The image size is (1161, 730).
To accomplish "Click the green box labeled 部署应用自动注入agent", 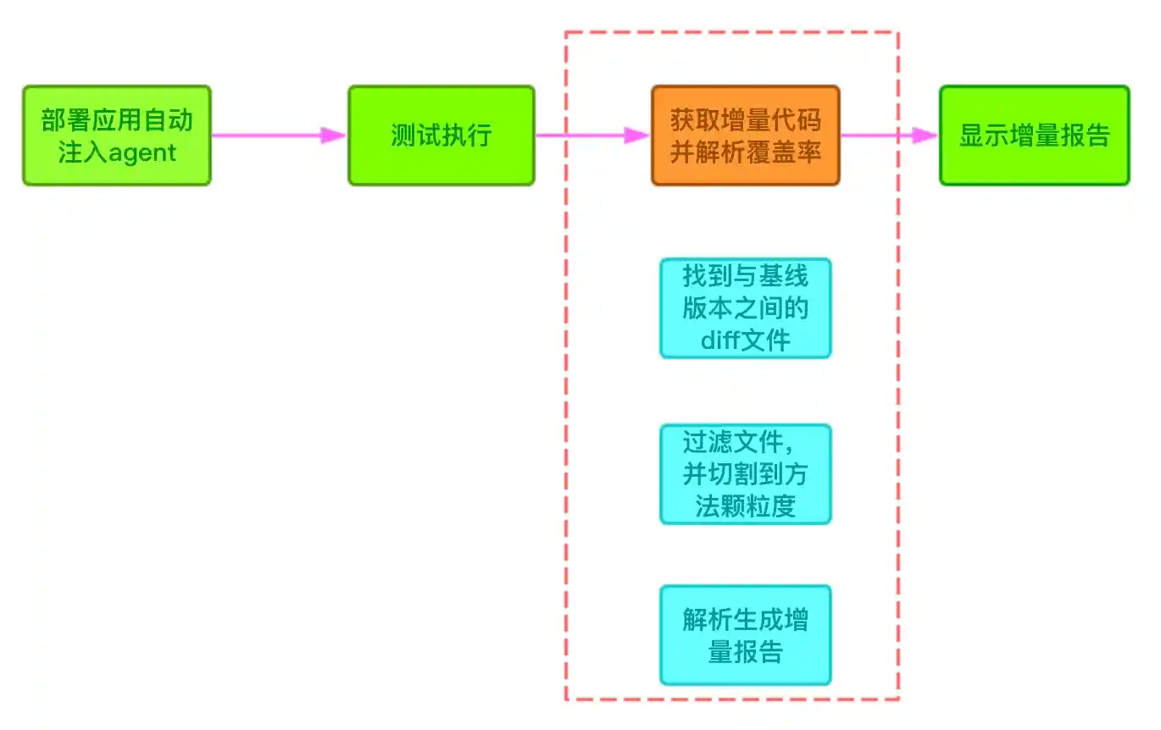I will tap(116, 135).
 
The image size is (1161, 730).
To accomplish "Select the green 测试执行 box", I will tap(441, 135).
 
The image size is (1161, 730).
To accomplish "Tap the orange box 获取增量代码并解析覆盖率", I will tap(745, 135).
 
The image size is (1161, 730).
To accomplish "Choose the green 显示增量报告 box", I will tap(1034, 135).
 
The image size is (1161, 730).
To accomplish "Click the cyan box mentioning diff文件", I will tap(745, 308).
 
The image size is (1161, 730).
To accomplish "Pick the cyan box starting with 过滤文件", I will tap(745, 474).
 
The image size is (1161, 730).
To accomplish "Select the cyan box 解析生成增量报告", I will tap(745, 635).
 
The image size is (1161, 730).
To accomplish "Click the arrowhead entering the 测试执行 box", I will tap(334, 135).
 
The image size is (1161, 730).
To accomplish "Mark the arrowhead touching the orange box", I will tap(637, 135).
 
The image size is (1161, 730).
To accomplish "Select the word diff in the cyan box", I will tap(720, 340).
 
